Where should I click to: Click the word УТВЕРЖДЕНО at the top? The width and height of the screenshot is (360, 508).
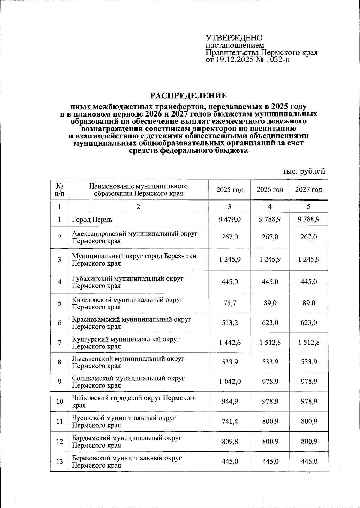[234, 38]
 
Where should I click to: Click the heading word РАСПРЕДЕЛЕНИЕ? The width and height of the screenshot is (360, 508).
[188, 96]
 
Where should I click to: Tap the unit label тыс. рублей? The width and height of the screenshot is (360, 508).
[304, 171]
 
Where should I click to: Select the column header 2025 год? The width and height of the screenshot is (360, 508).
[229, 190]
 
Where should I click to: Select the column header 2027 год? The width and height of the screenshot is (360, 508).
[309, 190]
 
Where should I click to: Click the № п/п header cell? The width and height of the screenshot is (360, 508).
[60, 190]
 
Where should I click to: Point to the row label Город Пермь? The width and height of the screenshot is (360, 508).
[92, 220]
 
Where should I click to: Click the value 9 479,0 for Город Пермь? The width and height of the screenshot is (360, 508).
[230, 219]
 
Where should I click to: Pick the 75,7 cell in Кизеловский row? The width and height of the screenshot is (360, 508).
[230, 303]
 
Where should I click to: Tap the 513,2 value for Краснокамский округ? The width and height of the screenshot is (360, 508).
[230, 323]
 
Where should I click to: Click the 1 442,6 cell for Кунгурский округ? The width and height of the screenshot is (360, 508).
[230, 342]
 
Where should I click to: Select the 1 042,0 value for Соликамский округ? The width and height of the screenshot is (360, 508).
[230, 382]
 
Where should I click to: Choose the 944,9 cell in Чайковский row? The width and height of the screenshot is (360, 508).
[230, 401]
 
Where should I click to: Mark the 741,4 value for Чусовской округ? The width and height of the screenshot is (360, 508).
[230, 421]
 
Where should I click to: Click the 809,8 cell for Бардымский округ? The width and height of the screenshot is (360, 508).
[230, 441]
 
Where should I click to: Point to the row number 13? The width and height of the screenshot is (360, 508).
[60, 462]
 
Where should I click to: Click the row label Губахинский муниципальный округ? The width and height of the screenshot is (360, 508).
[127, 279]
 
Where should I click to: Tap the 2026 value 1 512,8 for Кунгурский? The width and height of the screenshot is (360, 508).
[270, 342]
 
